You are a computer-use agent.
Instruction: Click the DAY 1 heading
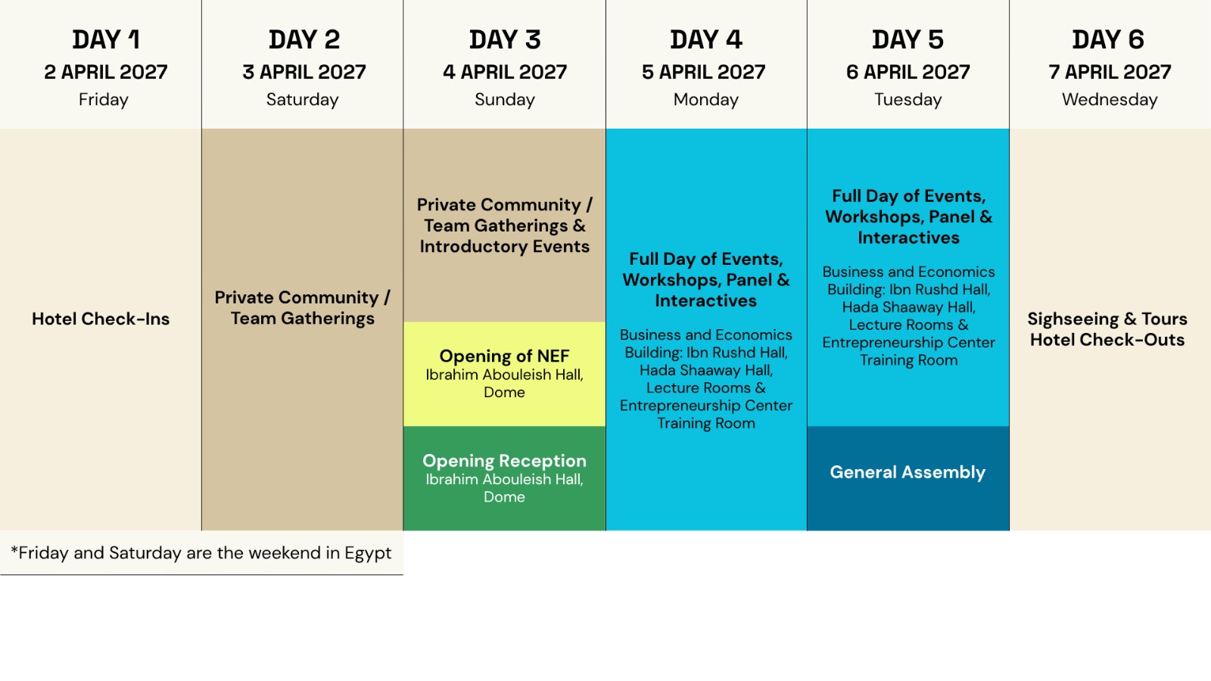[x=107, y=40]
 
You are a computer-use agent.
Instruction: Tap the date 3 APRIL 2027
[x=304, y=72]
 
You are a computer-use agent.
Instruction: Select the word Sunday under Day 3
[x=504, y=99]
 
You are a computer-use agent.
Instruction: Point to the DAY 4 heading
[x=706, y=40]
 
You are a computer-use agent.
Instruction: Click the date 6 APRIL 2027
[x=907, y=72]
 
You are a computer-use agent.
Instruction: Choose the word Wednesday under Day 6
[x=1110, y=99]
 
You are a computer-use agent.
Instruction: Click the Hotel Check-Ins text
[x=101, y=319]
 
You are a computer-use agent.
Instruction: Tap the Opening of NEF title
[x=504, y=356]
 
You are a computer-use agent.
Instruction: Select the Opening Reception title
[x=504, y=461]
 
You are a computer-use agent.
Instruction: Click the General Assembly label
[x=907, y=472]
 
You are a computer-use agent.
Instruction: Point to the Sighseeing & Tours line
[x=1107, y=319]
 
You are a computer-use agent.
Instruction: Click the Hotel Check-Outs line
[x=1107, y=340]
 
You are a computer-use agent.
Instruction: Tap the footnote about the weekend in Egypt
[x=201, y=553]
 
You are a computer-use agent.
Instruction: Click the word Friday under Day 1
[x=103, y=99]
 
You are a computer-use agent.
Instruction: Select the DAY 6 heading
[x=1108, y=40]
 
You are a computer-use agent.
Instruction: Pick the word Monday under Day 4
[x=706, y=99]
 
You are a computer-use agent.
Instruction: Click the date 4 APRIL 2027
[x=504, y=72]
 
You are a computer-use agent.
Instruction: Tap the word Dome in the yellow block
[x=504, y=393]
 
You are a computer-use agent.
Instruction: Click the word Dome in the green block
[x=504, y=497]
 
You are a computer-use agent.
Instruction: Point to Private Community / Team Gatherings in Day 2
[x=302, y=308]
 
